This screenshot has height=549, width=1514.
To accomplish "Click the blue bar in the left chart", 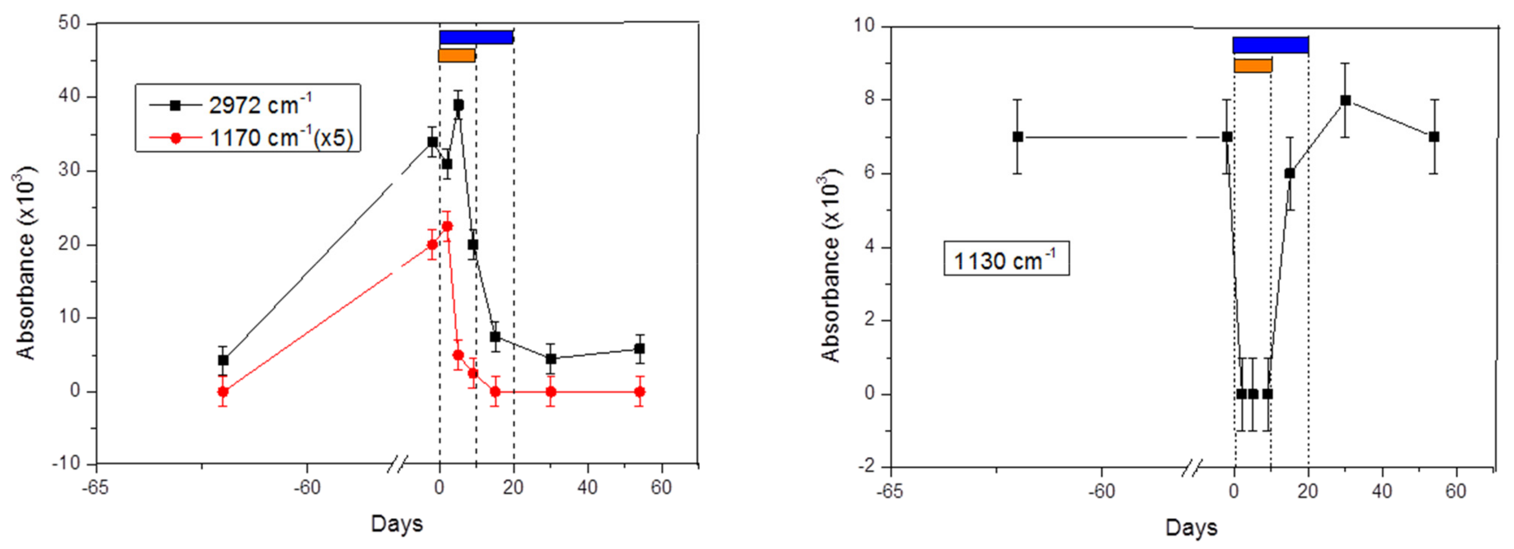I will pos(476,37).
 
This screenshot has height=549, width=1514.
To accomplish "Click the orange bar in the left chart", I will pos(457,56).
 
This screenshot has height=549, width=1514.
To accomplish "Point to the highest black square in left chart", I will pos(458,105).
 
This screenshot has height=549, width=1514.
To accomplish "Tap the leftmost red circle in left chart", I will pos(223,391).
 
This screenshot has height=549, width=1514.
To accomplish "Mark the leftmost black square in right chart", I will pos(1018,137).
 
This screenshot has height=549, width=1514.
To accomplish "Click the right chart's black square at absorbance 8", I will pos(1345,100).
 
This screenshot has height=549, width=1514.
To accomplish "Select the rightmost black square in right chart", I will pos(1434,137).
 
